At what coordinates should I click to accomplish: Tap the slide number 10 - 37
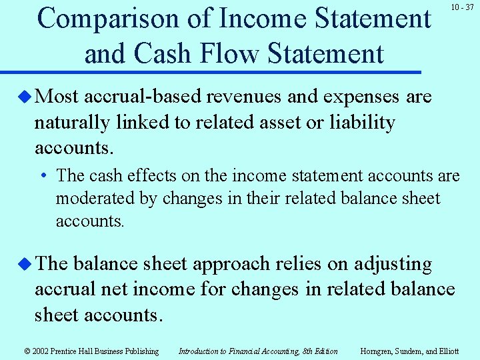tap(461, 7)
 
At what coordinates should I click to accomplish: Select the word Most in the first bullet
tap(57, 97)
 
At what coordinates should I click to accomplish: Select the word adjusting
tap(393, 264)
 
